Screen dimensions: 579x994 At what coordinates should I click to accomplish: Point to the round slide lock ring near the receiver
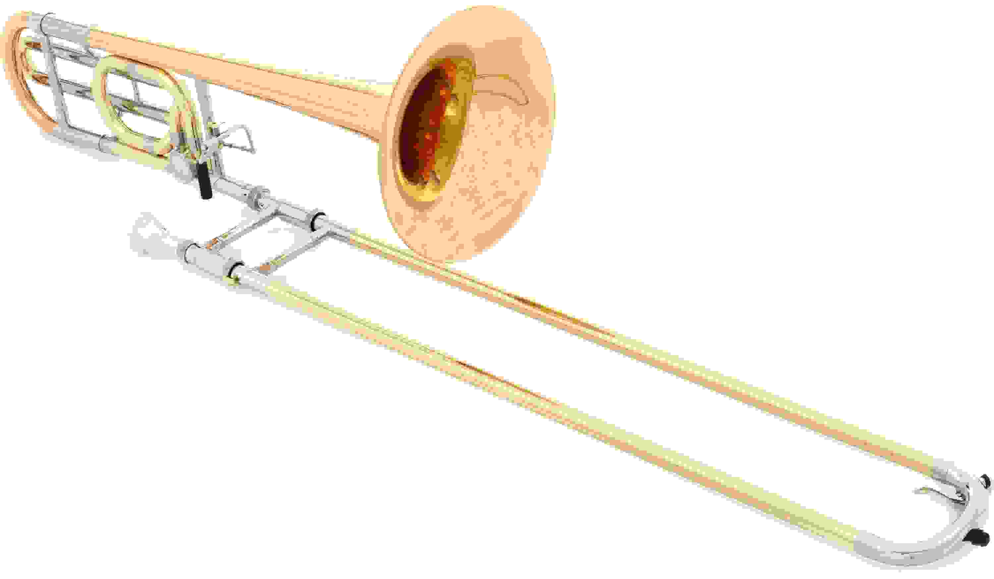tap(258, 197)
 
